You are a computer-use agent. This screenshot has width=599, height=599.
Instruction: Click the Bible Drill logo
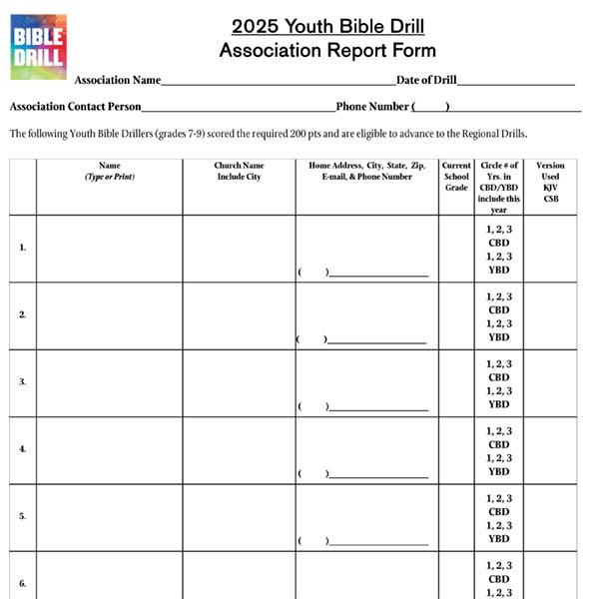click(x=38, y=46)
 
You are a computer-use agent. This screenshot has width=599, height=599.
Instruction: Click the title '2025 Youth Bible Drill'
click(x=327, y=26)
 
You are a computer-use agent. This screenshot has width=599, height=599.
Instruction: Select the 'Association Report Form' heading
click(x=327, y=51)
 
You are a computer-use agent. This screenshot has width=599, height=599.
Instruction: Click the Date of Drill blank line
click(x=515, y=82)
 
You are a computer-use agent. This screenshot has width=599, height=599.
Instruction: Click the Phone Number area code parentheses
click(x=430, y=107)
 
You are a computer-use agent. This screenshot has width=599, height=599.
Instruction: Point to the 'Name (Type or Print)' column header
click(x=109, y=171)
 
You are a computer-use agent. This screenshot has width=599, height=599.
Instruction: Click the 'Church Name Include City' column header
click(x=239, y=171)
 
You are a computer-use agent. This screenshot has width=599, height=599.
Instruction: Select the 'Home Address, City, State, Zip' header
click(x=366, y=171)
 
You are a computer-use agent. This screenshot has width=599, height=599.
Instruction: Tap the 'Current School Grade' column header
click(x=456, y=176)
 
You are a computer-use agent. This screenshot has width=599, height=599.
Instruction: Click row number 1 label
click(x=23, y=248)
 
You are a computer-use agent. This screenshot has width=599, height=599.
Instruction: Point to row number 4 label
click(x=23, y=449)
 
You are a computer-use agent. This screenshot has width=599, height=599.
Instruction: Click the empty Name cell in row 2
click(x=109, y=314)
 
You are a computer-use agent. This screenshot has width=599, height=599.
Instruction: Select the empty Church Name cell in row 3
click(x=239, y=381)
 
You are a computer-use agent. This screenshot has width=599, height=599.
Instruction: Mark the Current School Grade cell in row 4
click(x=456, y=449)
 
